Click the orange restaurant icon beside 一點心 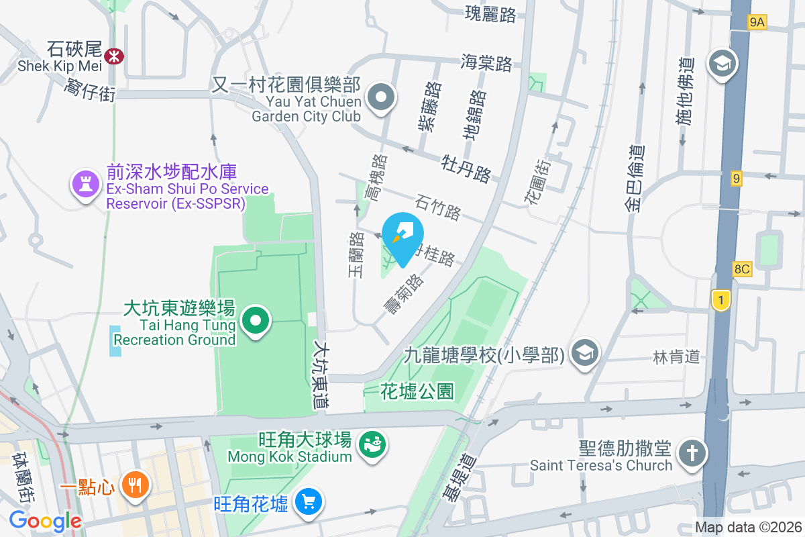click(136, 485)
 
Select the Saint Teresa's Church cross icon click(692, 453)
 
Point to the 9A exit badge click(757, 23)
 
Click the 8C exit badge click(742, 269)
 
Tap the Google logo click(45, 520)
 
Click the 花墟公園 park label click(417, 390)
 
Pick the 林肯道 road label click(676, 356)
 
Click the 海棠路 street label click(487, 64)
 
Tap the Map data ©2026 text click(747, 527)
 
